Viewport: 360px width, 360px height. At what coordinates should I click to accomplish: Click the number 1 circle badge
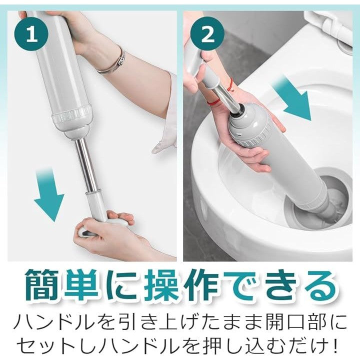point(31,33)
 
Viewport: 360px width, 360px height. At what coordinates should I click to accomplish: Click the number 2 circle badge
point(207,33)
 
